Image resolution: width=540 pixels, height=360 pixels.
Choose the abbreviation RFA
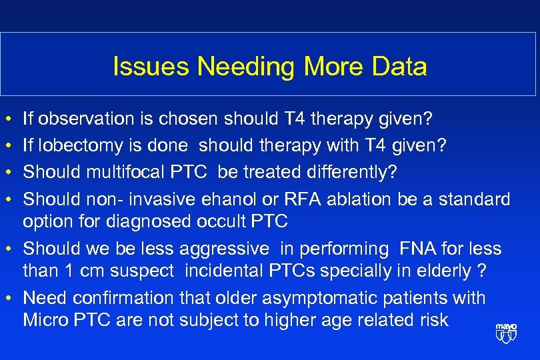(x=297, y=199)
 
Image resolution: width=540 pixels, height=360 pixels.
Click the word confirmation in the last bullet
(x=115, y=298)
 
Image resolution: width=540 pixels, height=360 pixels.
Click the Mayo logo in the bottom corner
(x=506, y=333)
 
